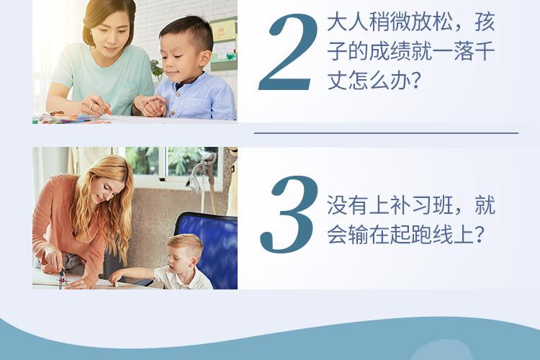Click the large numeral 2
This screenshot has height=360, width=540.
(x=287, y=53)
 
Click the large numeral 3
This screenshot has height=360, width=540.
(x=289, y=215)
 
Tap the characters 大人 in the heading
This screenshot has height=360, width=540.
(x=348, y=22)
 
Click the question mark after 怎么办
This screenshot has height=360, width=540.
(x=416, y=81)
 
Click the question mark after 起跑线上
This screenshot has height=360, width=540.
(x=479, y=235)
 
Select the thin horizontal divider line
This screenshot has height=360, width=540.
(x=386, y=133)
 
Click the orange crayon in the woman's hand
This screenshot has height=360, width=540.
(x=107, y=110)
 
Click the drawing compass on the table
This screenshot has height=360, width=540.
(x=62, y=278)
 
